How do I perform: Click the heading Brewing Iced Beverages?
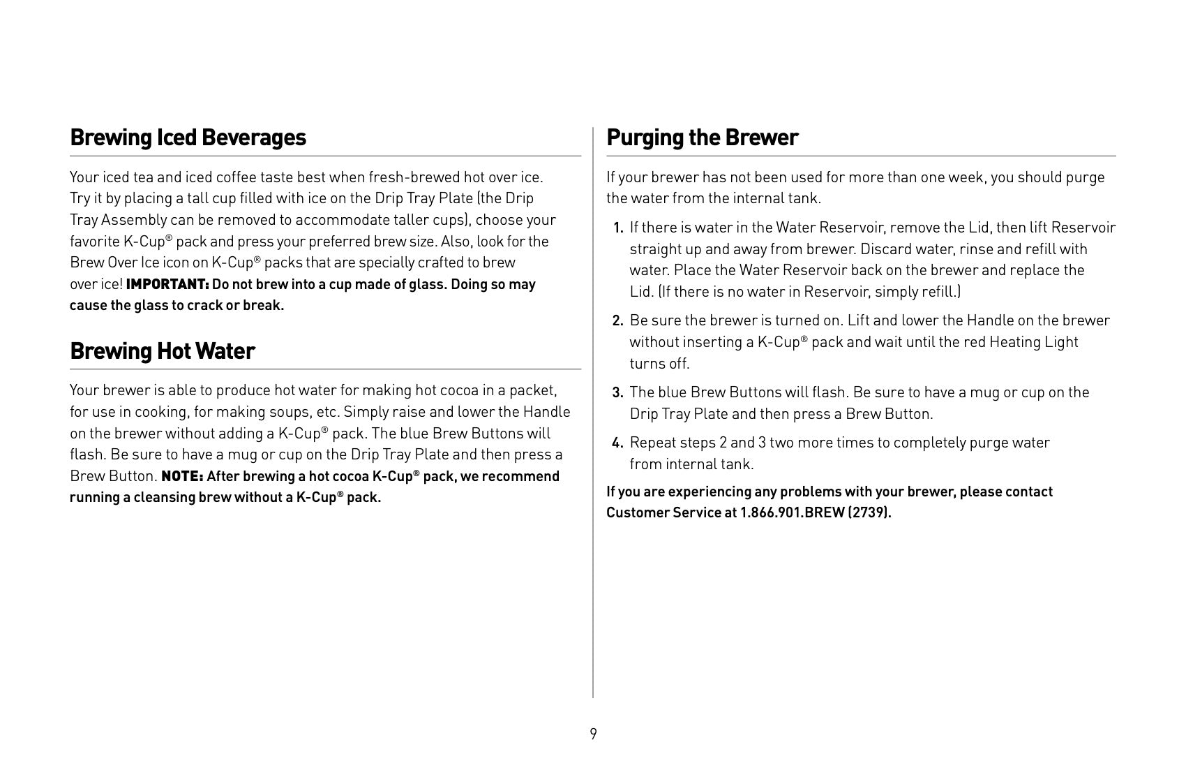188,138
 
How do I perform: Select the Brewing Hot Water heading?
163,350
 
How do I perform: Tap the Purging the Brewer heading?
702,138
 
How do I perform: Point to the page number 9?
593,734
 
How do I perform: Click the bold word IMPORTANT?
167,285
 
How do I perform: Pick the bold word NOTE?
182,477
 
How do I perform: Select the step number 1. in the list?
618,228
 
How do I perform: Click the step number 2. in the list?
617,321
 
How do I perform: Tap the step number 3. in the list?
617,393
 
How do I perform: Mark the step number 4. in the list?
617,443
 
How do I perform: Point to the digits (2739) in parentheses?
869,513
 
